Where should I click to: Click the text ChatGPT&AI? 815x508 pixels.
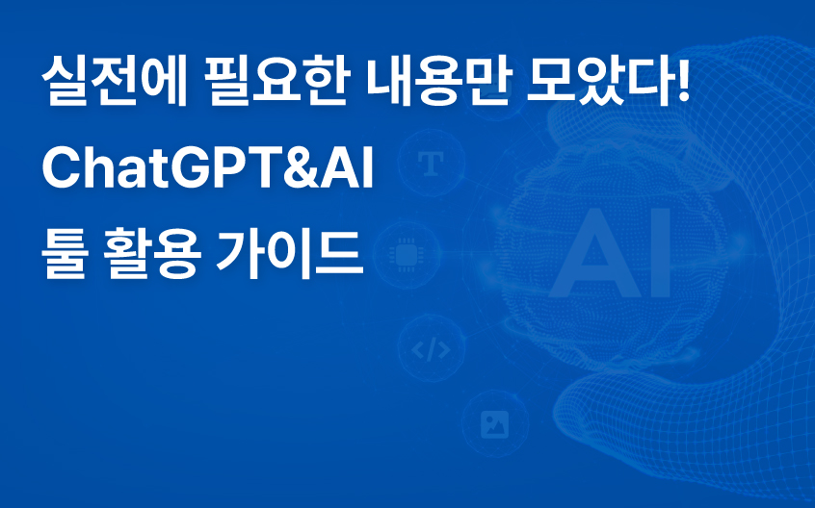coord(208,171)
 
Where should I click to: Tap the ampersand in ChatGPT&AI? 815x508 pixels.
coord(299,171)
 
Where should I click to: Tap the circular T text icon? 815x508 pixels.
coord(429,163)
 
